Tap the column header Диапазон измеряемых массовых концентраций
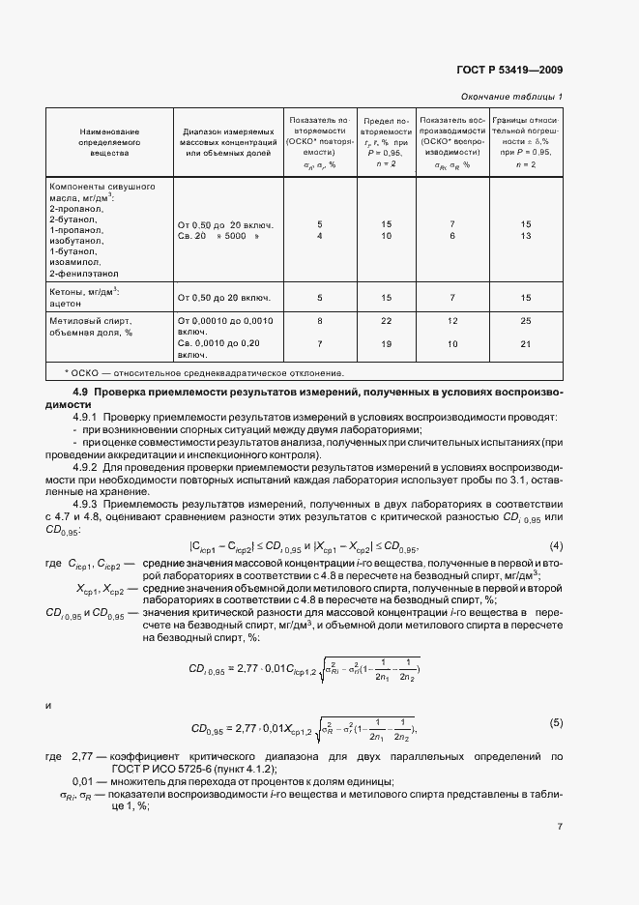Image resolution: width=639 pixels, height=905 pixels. point(228,141)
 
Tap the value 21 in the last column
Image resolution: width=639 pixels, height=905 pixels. point(527,343)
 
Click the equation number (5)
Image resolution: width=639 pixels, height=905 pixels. point(556,722)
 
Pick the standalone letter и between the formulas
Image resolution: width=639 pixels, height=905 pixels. point(48,705)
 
